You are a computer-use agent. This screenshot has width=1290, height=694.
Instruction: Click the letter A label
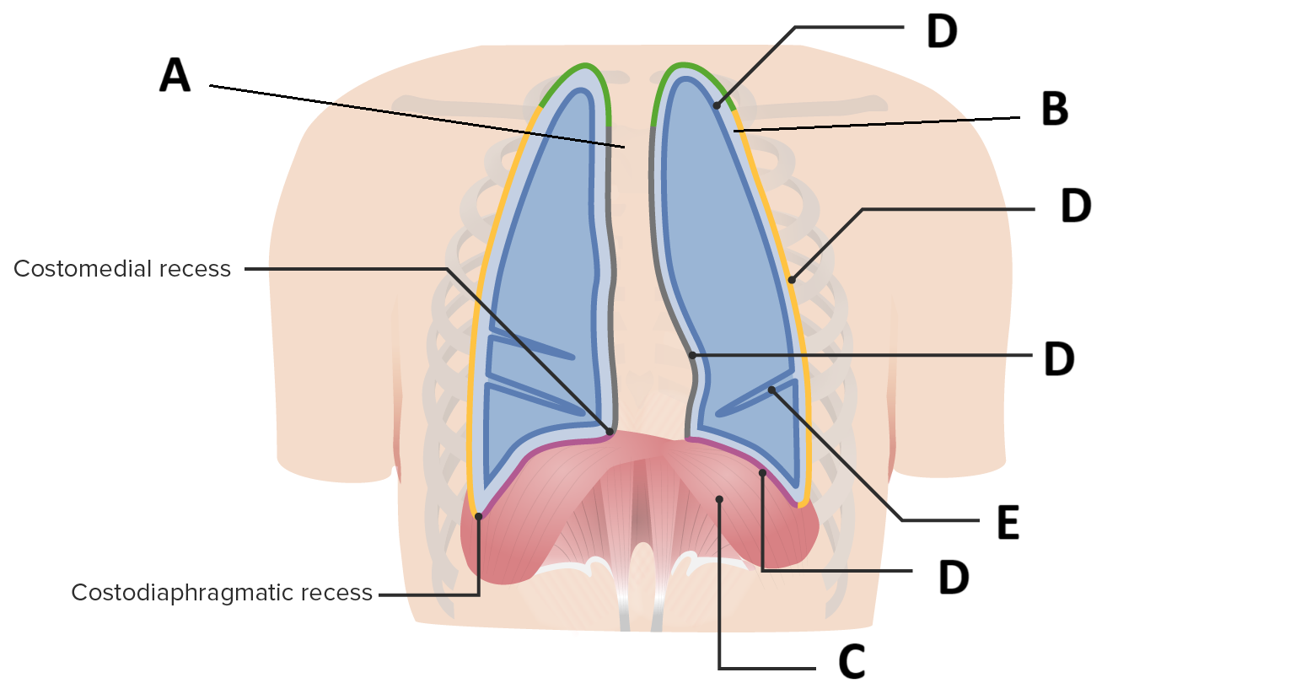pyautogui.click(x=175, y=75)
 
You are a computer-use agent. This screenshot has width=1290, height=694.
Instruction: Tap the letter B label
pyautogui.click(x=1055, y=109)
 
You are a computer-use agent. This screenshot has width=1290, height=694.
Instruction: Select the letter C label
pyautogui.click(x=852, y=662)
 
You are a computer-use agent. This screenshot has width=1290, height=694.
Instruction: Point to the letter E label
pyautogui.click(x=1008, y=523)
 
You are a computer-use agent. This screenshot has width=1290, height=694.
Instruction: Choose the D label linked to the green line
pyautogui.click(x=942, y=31)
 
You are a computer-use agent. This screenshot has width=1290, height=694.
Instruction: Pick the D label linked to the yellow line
pyautogui.click(x=1076, y=206)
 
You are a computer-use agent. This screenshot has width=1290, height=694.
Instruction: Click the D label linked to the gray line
pyautogui.click(x=1059, y=358)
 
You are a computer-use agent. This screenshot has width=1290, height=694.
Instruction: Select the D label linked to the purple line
pyautogui.click(x=954, y=578)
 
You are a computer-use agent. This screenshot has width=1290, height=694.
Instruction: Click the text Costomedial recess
pyautogui.click(x=122, y=269)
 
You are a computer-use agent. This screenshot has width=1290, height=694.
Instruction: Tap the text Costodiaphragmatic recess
pyautogui.click(x=222, y=593)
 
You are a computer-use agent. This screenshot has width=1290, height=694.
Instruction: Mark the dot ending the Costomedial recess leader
pyautogui.click(x=610, y=431)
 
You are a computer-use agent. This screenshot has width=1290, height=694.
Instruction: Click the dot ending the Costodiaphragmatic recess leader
pyautogui.click(x=478, y=516)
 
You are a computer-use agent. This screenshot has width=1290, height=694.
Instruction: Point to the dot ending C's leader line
pyautogui.click(x=719, y=499)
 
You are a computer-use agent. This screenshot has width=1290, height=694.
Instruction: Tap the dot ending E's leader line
pyautogui.click(x=771, y=390)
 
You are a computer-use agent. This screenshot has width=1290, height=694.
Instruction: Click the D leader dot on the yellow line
pyautogui.click(x=791, y=280)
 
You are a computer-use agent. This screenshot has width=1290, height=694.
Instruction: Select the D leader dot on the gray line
pyautogui.click(x=692, y=355)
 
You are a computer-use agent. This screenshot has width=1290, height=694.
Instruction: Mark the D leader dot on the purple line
pyautogui.click(x=762, y=472)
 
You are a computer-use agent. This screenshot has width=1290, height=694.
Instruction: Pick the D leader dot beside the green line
pyautogui.click(x=717, y=105)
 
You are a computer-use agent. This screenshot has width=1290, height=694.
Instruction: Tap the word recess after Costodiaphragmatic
pyautogui.click(x=338, y=593)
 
